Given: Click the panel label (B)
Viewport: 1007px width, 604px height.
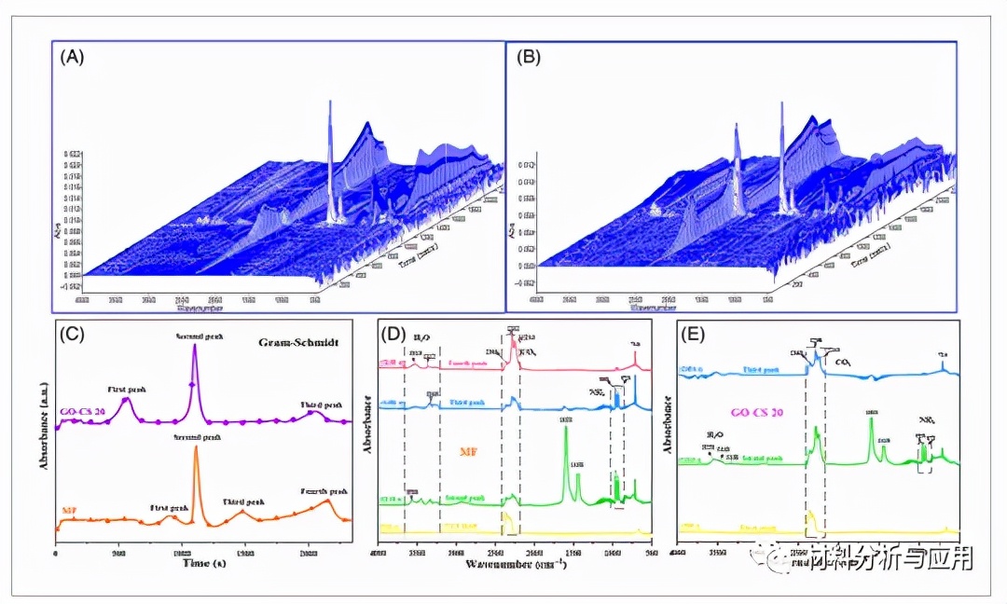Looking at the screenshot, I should [527, 56].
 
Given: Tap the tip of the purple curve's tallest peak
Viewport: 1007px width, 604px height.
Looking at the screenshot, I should [195, 347].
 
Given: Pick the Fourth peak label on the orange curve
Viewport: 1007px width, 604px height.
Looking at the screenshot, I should [324, 491].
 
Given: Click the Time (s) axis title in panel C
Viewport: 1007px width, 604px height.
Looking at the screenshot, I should [204, 563].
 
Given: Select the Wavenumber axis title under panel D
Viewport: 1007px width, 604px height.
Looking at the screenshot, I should [506, 563].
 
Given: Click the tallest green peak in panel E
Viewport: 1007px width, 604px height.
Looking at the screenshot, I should [871, 419].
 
